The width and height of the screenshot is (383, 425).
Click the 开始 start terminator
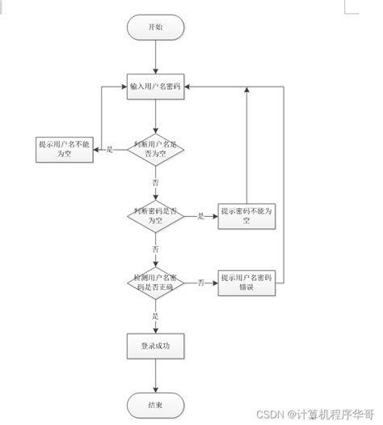[155, 28]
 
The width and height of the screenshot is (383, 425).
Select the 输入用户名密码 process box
[155, 86]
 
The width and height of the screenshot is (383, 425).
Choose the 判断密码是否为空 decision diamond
[155, 215]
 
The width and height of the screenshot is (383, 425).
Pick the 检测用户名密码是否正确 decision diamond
[155, 282]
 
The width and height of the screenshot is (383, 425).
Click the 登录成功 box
[155, 346]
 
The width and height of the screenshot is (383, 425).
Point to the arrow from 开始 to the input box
[155, 57]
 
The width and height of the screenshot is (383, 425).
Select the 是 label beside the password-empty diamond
[200, 216]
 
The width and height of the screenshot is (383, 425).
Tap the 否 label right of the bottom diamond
[200, 283]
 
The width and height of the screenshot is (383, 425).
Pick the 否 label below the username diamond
[155, 183]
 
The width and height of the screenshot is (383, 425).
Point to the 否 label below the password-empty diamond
[155, 249]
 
